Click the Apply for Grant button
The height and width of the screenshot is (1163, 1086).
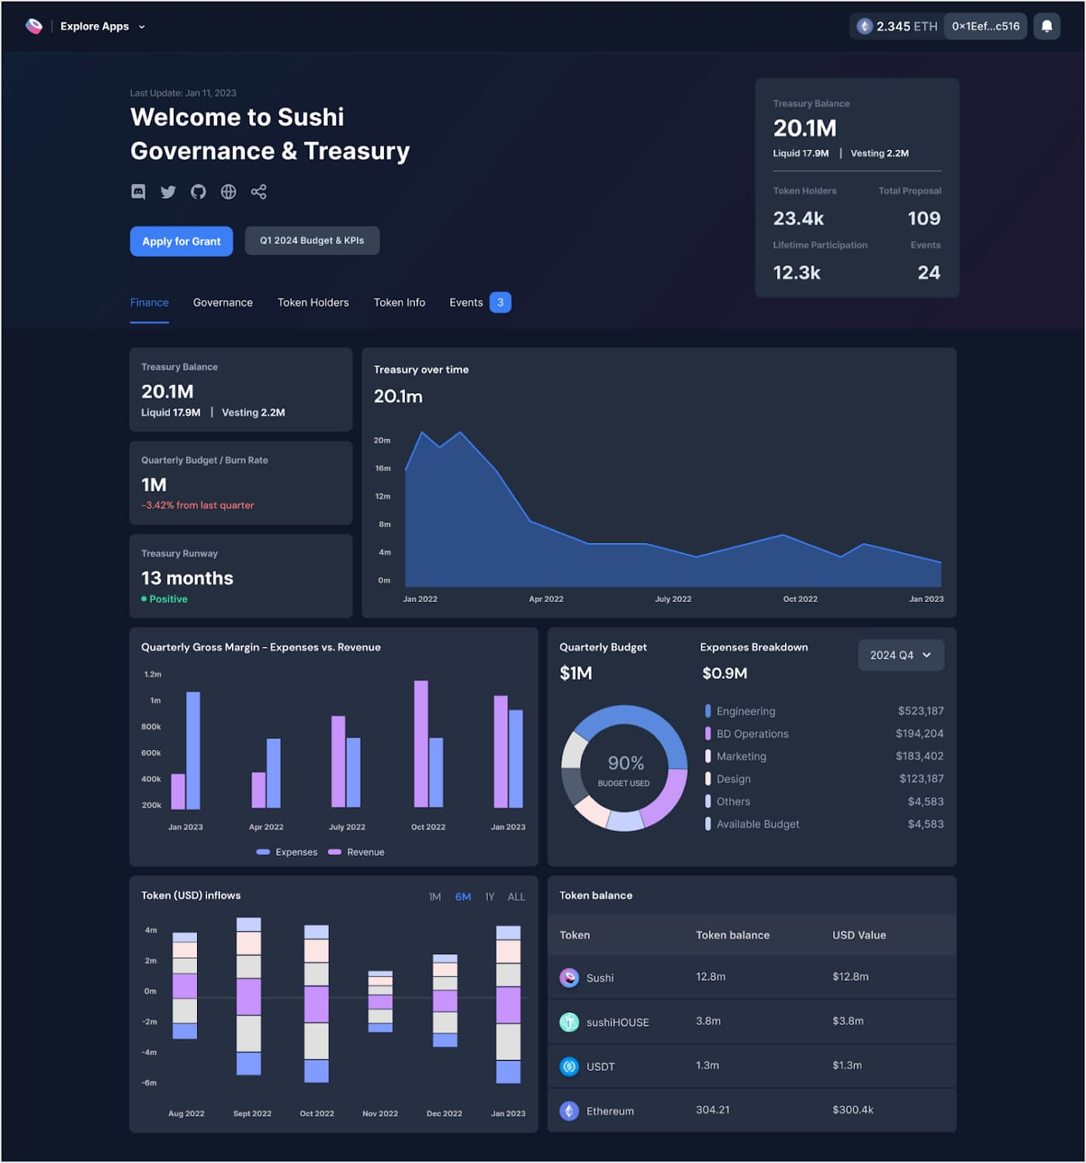(182, 241)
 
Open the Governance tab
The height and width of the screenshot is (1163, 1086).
(223, 303)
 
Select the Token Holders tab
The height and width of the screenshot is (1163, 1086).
(313, 303)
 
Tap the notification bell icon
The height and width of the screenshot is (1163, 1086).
(1046, 26)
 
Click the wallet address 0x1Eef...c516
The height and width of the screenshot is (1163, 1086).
(985, 26)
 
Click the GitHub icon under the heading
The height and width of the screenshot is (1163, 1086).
(199, 192)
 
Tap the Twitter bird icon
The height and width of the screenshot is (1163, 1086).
(168, 192)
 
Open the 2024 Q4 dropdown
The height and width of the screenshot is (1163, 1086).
(901, 656)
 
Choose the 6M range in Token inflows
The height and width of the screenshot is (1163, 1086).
(463, 897)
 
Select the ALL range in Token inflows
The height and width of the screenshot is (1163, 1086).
(516, 897)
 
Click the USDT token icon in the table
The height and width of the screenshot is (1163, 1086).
(569, 1067)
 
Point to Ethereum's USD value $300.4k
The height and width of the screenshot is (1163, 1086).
(853, 1110)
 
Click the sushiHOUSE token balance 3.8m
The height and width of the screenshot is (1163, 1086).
(708, 1021)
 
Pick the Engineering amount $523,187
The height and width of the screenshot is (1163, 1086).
(921, 711)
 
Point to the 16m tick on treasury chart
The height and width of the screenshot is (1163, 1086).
(383, 469)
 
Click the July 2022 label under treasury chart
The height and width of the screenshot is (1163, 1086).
(673, 599)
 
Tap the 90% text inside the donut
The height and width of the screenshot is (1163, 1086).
(626, 763)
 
